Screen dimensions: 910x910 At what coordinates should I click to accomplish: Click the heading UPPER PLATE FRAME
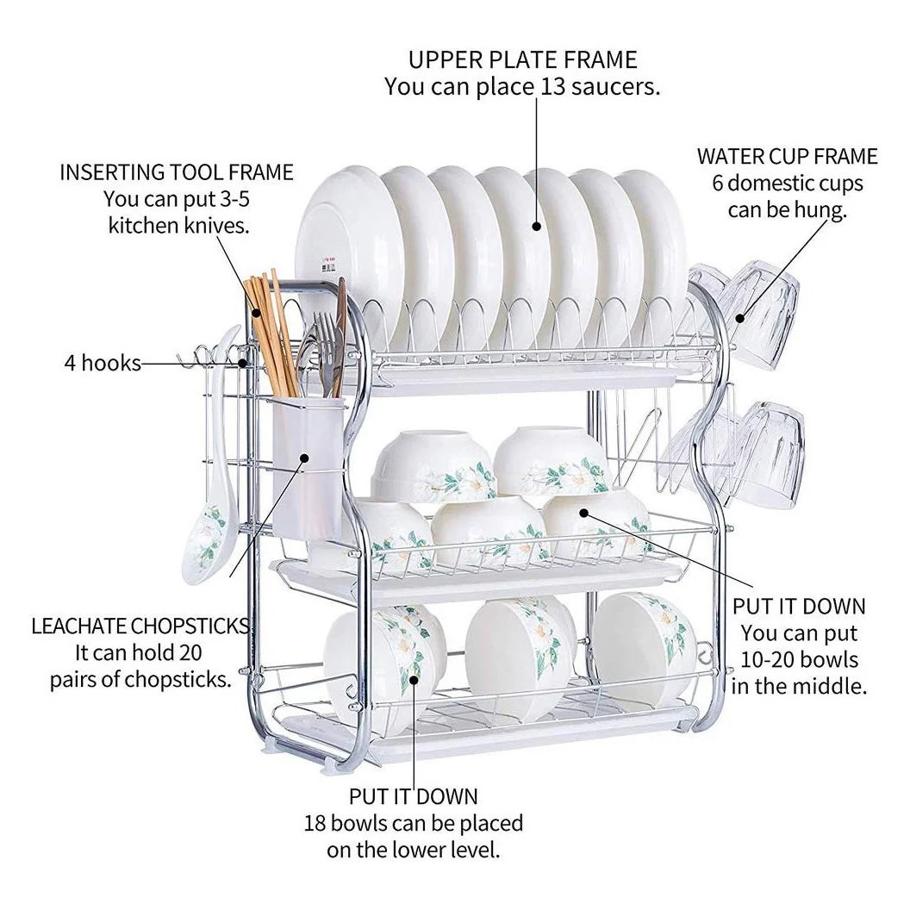(522, 59)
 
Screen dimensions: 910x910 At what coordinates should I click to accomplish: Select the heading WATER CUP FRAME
(787, 157)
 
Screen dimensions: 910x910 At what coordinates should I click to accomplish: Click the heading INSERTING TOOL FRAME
(177, 172)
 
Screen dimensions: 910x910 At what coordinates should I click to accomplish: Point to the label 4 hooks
(102, 363)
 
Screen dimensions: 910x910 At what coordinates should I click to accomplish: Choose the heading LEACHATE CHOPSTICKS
(140, 626)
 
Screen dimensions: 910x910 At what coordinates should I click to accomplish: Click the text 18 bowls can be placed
(413, 823)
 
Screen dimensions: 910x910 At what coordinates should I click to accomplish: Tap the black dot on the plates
(537, 227)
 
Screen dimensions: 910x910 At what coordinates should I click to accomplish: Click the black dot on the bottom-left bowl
(414, 679)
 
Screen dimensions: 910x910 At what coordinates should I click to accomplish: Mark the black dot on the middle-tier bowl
(583, 513)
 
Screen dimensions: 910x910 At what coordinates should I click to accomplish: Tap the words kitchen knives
(179, 226)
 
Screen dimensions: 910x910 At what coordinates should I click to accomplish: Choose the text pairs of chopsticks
(140, 678)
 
